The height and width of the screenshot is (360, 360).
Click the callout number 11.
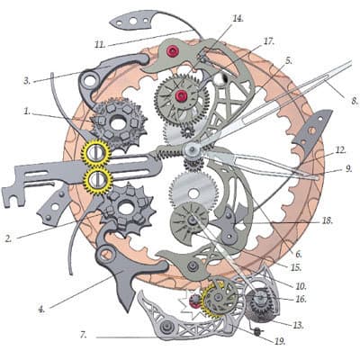[100, 45]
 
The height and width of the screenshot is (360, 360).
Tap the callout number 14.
[238, 18]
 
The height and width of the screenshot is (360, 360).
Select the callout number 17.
[268, 41]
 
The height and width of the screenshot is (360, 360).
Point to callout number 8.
[355, 101]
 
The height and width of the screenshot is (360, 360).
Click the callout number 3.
[27, 81]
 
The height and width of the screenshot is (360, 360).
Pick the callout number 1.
[27, 112]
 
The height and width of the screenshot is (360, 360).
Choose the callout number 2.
[8, 238]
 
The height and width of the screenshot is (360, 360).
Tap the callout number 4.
[41, 309]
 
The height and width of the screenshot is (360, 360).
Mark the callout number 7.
[83, 335]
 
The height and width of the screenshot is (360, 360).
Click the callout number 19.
[279, 341]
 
